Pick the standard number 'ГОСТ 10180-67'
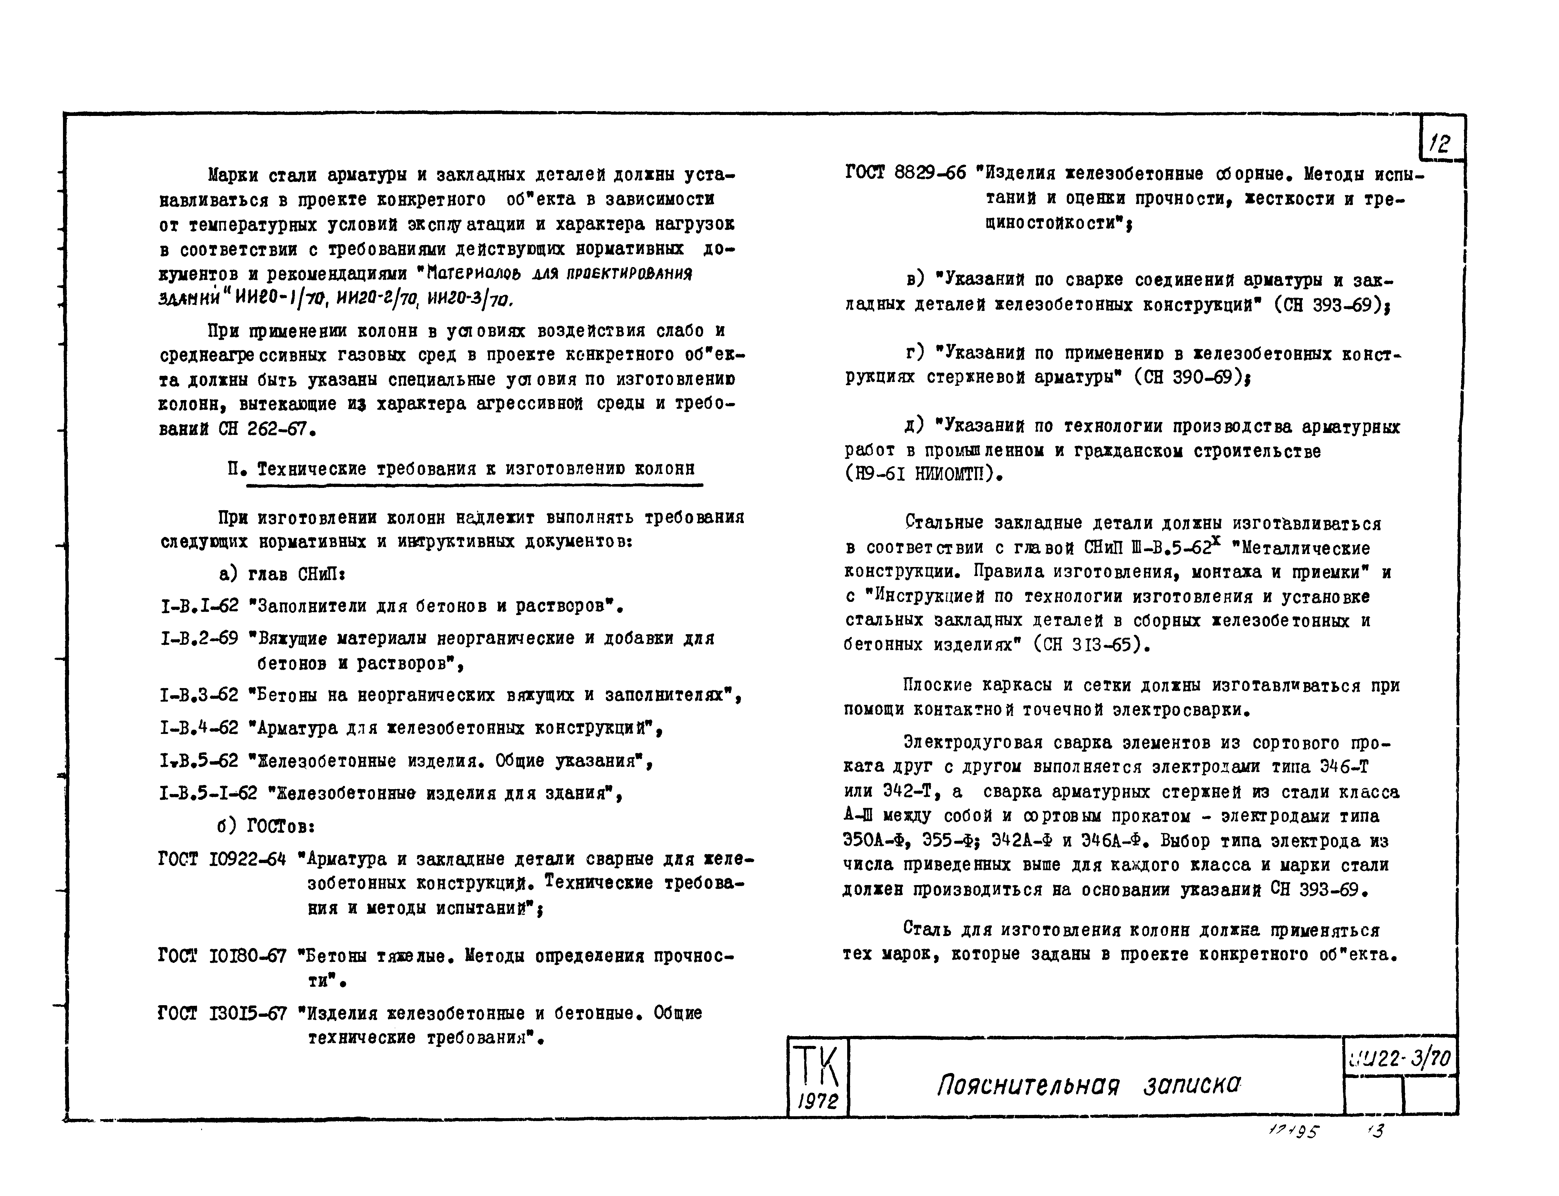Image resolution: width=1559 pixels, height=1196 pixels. pyautogui.click(x=222, y=956)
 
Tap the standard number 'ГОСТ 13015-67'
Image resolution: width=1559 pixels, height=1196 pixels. pyautogui.click(x=222, y=1013)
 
